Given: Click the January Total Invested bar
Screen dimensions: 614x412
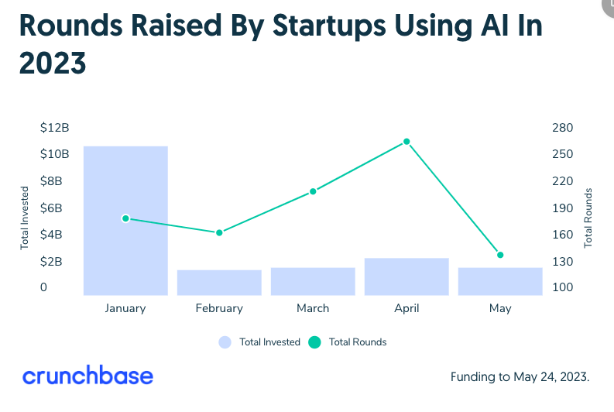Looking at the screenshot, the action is (x=125, y=221).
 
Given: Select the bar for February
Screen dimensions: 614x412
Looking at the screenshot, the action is (x=219, y=283).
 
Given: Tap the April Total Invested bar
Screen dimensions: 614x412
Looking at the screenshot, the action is (x=406, y=277).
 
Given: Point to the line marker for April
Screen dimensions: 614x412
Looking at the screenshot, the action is (x=406, y=142).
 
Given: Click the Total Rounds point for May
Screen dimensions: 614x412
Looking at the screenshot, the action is (x=500, y=255).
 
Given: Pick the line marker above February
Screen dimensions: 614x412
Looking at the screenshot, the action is (x=219, y=232).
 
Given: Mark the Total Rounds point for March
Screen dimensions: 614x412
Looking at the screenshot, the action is (x=313, y=191).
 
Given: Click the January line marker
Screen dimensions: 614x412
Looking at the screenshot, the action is (x=125, y=218).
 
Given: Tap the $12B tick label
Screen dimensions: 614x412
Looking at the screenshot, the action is (x=54, y=128).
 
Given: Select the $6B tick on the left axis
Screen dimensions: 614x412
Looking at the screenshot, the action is (x=51, y=208).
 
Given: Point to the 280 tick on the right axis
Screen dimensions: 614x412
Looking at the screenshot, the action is (x=562, y=128).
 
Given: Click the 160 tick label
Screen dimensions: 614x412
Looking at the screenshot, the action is (x=562, y=235).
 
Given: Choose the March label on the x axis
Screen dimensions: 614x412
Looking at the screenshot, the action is (x=313, y=308).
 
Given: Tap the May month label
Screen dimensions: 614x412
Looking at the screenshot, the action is (x=500, y=309).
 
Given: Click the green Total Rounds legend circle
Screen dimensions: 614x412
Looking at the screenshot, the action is (x=314, y=342).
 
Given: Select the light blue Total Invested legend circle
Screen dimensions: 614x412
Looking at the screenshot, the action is (x=225, y=342).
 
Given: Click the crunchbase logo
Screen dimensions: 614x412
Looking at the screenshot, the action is (x=87, y=375).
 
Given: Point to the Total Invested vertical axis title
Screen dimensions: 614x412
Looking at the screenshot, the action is (x=24, y=218).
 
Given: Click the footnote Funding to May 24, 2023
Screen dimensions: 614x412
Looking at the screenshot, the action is (x=520, y=377).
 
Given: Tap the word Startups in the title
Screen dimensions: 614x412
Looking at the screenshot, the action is (x=329, y=26).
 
